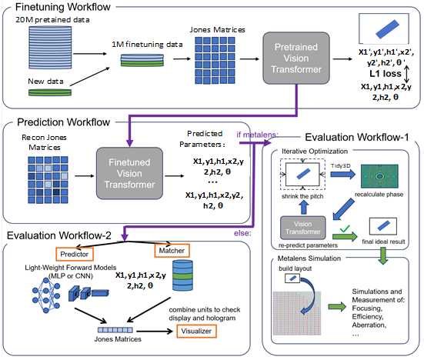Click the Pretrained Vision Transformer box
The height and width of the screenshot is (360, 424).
[x=296, y=58]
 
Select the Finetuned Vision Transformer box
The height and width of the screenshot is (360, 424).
[x=129, y=173]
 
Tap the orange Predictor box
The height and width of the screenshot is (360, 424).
[x=75, y=254]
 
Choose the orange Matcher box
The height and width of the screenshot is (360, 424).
[x=172, y=251]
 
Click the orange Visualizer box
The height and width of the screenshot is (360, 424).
[x=196, y=331]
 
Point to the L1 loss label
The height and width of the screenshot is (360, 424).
[x=386, y=74]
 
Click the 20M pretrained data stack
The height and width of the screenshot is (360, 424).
[x=50, y=48]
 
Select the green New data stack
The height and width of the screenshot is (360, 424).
[x=50, y=92]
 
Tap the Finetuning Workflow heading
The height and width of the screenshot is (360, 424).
[x=63, y=7]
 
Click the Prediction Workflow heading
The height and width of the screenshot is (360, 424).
[x=64, y=122]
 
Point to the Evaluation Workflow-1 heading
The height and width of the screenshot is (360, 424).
[x=357, y=137]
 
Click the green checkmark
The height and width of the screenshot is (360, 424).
[x=345, y=229]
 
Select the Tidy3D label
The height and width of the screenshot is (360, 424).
[x=340, y=165]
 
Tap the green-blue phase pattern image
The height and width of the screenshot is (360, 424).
[x=379, y=176]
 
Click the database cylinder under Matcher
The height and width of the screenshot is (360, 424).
[x=183, y=275]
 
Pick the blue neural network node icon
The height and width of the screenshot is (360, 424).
[x=46, y=295]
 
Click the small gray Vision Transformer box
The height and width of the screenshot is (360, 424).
[x=303, y=228]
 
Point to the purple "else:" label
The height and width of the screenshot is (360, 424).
[x=242, y=233]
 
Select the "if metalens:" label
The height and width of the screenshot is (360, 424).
[x=257, y=135]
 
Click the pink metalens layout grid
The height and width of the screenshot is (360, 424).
[x=297, y=313]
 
